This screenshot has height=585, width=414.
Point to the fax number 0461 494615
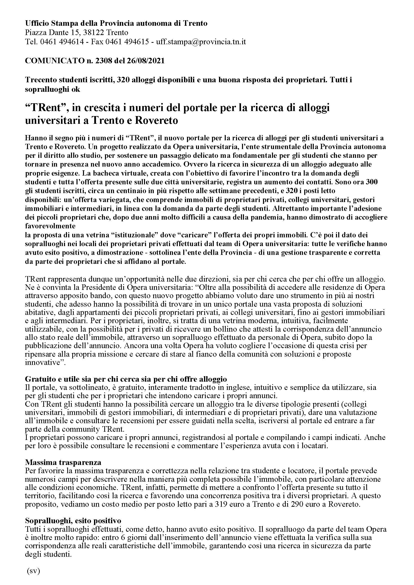tap(130, 42)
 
